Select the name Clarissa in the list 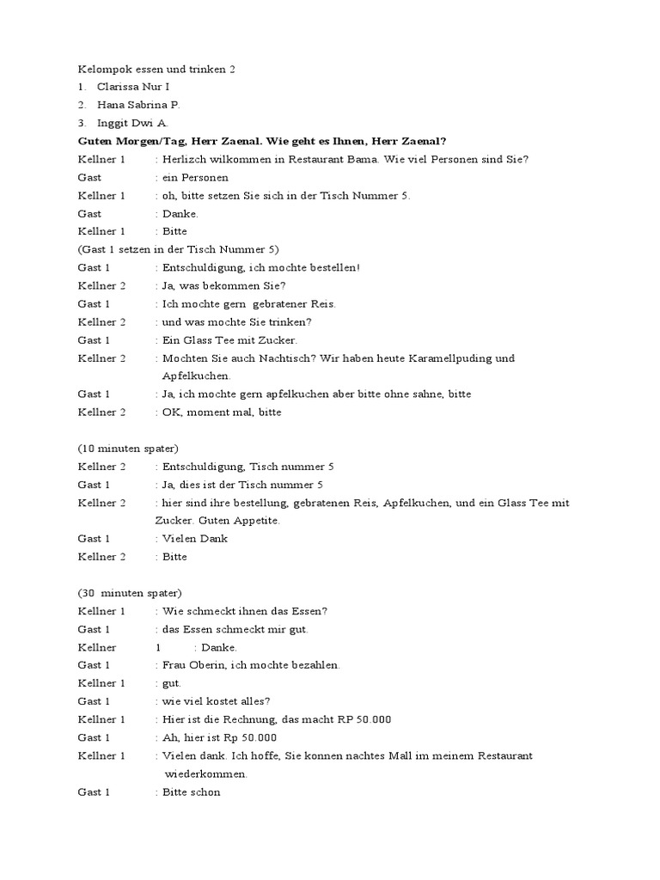pyautogui.click(x=119, y=87)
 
